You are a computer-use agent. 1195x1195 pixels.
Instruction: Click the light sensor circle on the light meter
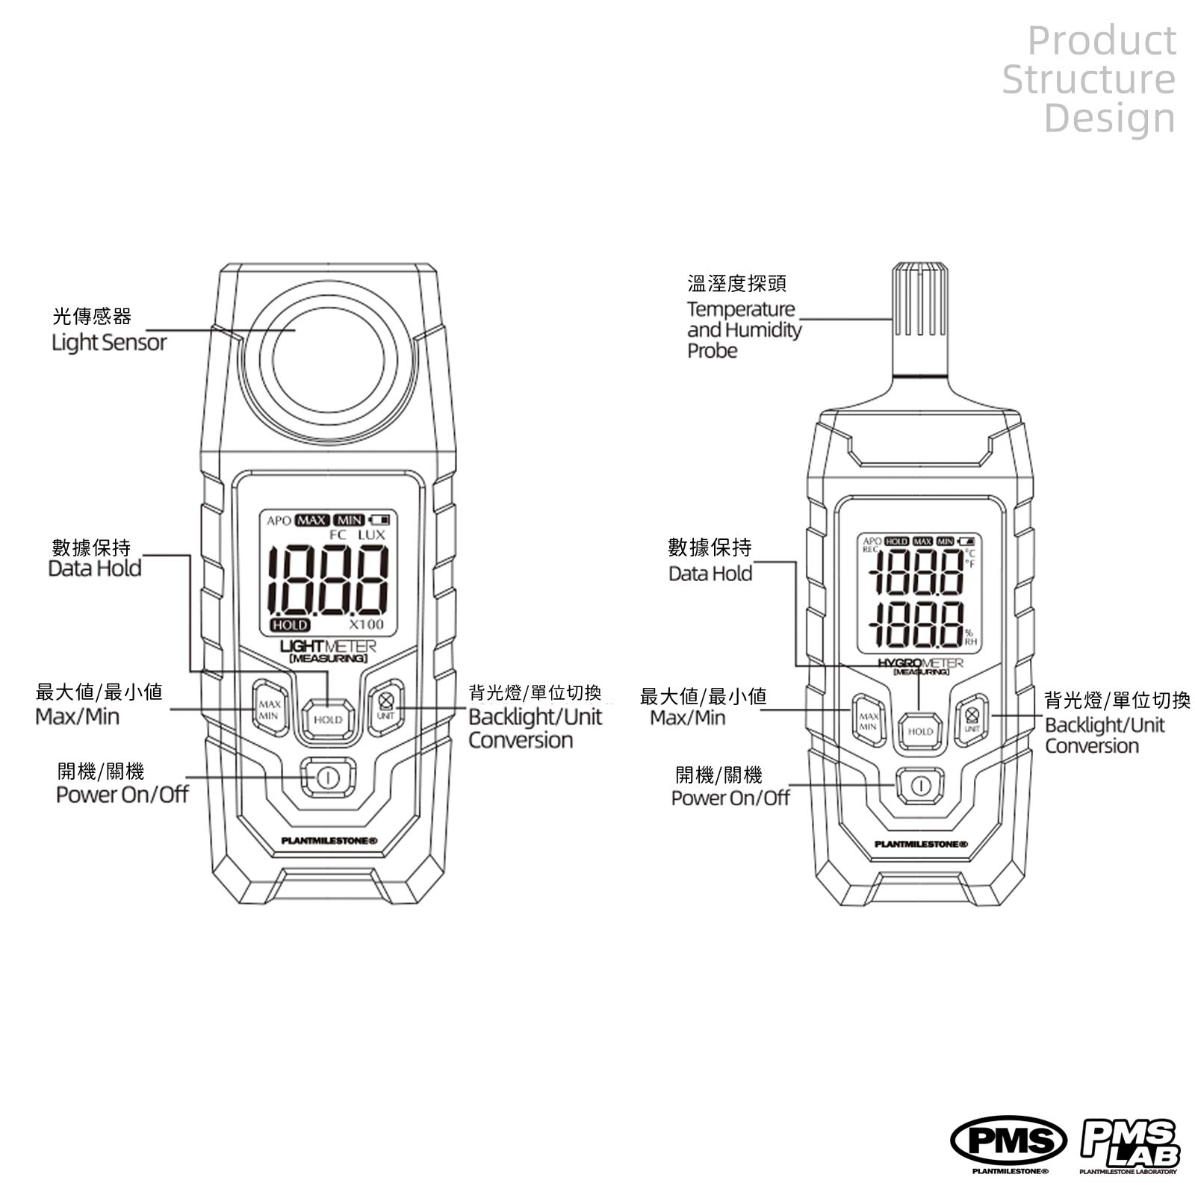point(328,360)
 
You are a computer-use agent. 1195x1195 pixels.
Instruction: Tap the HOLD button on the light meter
point(328,720)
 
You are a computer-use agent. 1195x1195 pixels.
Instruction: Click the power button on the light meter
point(328,777)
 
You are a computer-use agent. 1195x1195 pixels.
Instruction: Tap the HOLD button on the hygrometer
point(920,731)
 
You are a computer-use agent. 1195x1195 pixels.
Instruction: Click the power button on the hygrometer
point(920,786)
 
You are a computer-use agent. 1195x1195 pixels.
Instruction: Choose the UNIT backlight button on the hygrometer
point(972,719)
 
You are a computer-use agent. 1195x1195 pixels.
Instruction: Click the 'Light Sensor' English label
point(109,343)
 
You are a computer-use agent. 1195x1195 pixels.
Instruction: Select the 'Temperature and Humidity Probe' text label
point(744,329)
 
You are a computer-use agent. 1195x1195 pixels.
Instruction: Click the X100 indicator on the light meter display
point(366,624)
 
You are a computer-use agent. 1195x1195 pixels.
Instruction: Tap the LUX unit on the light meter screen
point(371,535)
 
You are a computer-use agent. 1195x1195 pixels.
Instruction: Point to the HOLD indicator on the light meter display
point(290,625)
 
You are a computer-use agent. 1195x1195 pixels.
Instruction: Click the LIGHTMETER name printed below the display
point(328,646)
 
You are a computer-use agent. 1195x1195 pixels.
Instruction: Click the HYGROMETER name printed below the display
point(920,662)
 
